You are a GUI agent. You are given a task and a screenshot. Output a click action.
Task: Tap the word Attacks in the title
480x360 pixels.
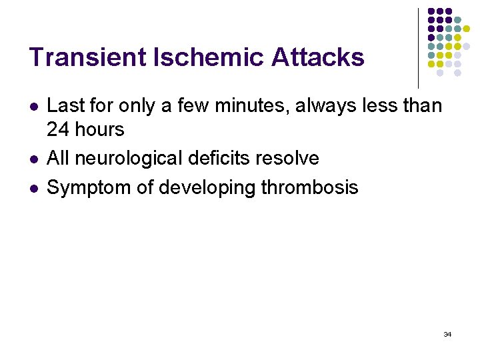[318, 57]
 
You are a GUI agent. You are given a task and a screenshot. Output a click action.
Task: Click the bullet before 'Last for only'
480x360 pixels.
[33, 106]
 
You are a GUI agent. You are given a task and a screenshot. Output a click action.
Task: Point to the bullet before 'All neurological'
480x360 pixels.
[33, 159]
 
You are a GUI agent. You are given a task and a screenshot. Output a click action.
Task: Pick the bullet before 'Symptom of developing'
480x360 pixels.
[33, 188]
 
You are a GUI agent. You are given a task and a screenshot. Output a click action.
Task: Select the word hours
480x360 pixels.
[99, 129]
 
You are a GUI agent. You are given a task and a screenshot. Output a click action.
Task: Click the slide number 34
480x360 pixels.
[447, 334]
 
